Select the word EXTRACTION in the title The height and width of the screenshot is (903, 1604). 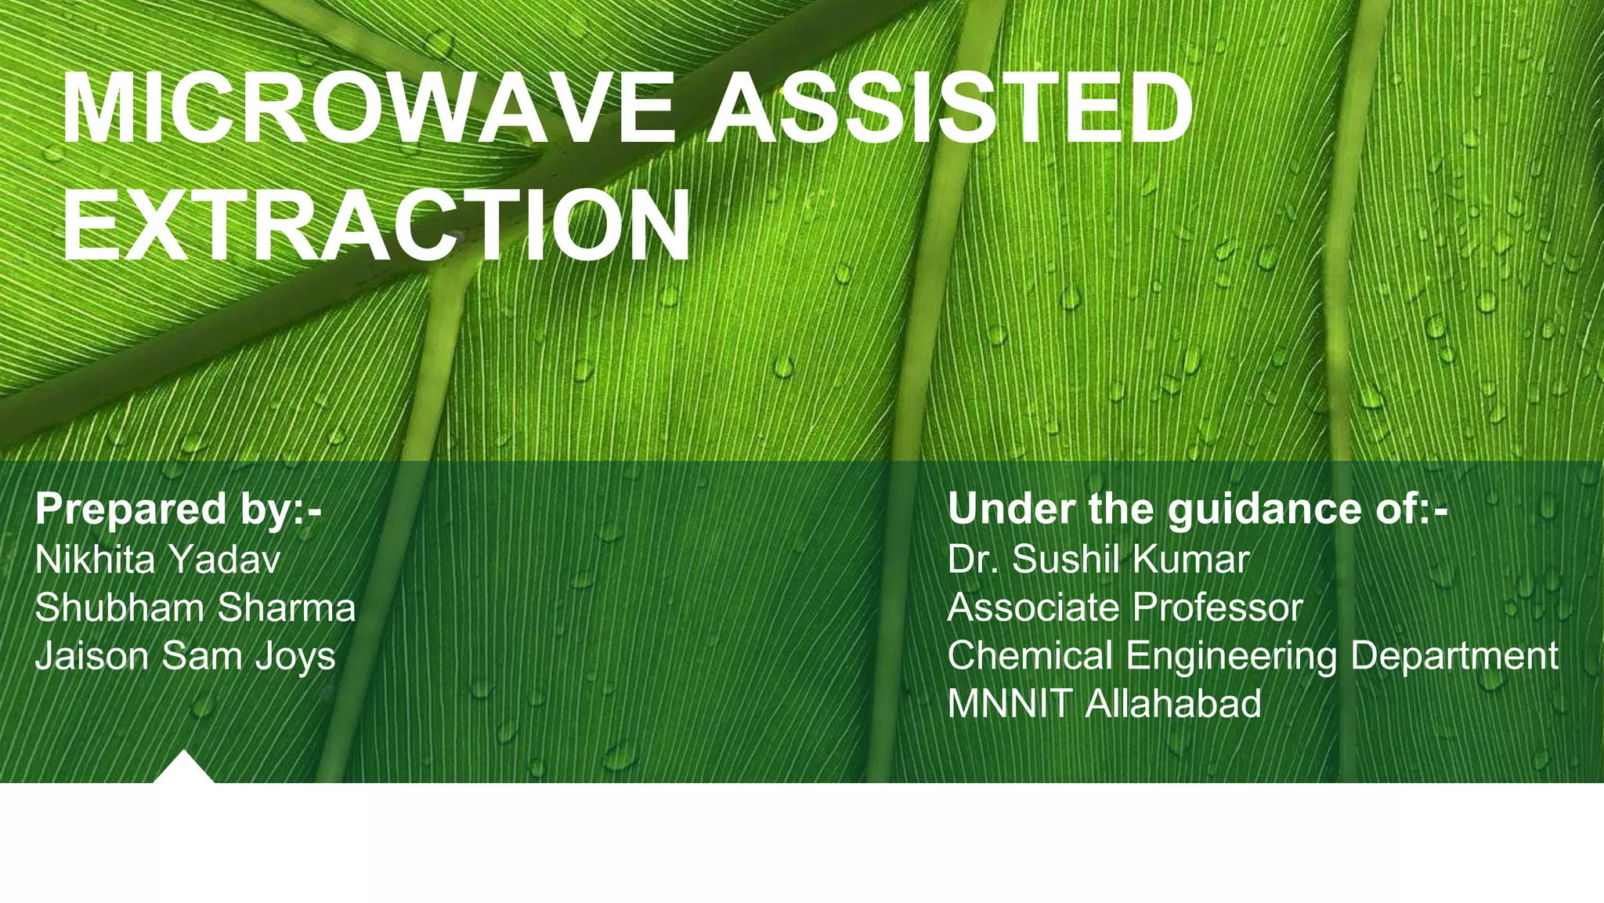tap(376, 225)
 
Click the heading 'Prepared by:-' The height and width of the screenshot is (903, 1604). tap(179, 510)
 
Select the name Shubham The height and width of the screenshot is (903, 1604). tap(119, 608)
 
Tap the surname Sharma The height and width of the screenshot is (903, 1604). tap(287, 608)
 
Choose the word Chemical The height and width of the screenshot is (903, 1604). tap(1029, 657)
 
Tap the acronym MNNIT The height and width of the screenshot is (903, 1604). tap(1009, 704)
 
